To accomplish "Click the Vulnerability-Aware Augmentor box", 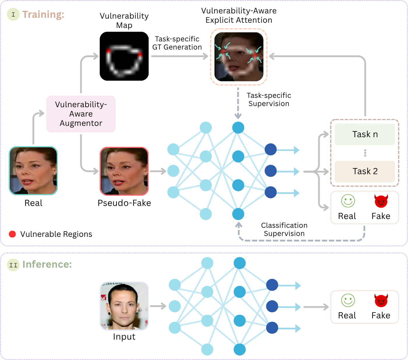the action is (x=81, y=114).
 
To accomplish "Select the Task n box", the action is (x=365, y=134).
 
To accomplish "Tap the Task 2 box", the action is (x=365, y=171).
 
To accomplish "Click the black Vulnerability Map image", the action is (x=124, y=56).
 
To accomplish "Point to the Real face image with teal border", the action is (x=33, y=171).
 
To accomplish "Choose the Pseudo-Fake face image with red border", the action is (x=124, y=171).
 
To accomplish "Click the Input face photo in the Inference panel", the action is (x=124, y=306).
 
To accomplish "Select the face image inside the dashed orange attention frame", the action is (x=239, y=57).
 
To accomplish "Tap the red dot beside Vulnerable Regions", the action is (x=12, y=234).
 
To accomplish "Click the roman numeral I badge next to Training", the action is (x=13, y=14).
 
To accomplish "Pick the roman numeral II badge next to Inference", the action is (x=13, y=265).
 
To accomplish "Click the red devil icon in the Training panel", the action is (x=381, y=201).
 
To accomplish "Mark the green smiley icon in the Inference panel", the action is (x=348, y=300).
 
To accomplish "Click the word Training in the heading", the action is (x=43, y=15).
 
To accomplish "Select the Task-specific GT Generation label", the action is (x=177, y=43).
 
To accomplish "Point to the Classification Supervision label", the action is (x=284, y=230).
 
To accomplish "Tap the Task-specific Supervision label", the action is (x=269, y=99).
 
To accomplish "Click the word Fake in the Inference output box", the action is (x=381, y=315).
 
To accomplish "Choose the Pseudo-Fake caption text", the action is (x=124, y=203).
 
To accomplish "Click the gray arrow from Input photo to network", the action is (x=158, y=306).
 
